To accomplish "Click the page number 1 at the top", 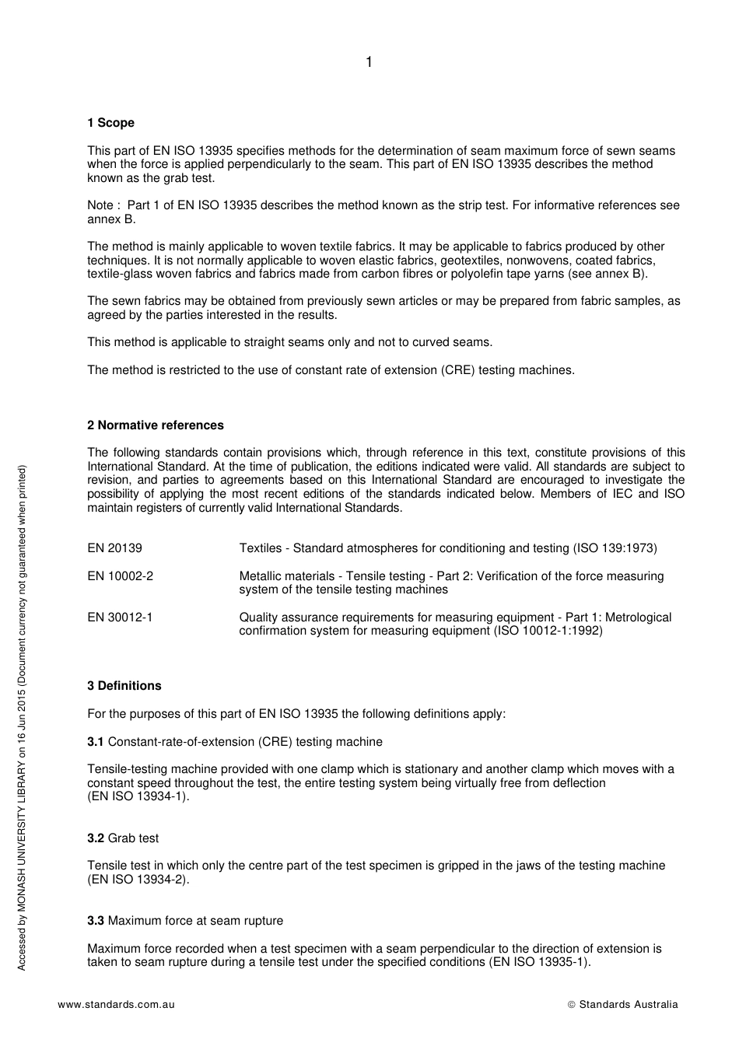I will [x=369, y=62].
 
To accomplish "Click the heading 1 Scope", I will [x=110, y=123].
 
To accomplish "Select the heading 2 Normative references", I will [x=155, y=425].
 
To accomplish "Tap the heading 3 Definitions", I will [x=124, y=686].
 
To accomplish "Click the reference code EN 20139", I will [x=114, y=548].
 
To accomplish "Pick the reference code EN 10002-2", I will [x=120, y=576].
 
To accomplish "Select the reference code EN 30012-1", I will [x=120, y=617].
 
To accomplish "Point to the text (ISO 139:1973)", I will [x=615, y=548].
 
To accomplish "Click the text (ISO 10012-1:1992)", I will [x=548, y=631].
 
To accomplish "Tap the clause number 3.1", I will [x=95, y=742].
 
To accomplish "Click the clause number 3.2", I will [x=95, y=838].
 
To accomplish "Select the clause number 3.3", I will [x=95, y=921].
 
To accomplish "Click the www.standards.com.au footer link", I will [x=116, y=1005].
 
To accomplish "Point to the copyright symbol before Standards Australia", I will [x=571, y=1005].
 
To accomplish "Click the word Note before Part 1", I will [x=100, y=205].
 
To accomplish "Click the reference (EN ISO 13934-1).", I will [x=138, y=796].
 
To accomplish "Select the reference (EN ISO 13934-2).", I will [x=138, y=880].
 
